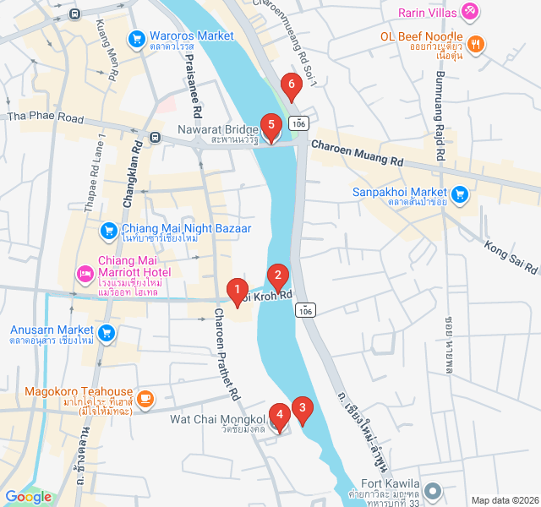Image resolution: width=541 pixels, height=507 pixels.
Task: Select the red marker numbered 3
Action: tap(303, 409)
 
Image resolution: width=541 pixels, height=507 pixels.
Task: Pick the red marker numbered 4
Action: tap(278, 416)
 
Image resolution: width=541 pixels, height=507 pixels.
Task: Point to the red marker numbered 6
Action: tap(292, 85)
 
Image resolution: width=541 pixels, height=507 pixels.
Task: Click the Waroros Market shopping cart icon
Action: tap(136, 39)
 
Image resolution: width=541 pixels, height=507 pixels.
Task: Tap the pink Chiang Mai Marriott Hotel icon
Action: tap(85, 272)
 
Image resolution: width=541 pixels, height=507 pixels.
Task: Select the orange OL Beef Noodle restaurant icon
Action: tap(476, 44)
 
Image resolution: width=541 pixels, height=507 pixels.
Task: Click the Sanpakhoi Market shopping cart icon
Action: tap(460, 195)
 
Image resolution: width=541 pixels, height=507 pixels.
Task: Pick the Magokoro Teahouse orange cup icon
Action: tap(145, 397)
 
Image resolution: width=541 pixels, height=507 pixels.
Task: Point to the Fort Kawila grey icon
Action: tap(433, 491)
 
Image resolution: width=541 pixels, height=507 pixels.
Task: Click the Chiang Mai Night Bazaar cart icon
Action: tap(108, 230)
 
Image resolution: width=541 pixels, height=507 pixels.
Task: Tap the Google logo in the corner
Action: tap(28, 497)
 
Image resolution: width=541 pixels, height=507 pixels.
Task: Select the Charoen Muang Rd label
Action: tap(357, 152)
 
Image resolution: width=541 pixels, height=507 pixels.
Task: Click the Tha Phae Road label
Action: tap(46, 117)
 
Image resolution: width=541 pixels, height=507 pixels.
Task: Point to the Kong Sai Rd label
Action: tap(511, 257)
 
